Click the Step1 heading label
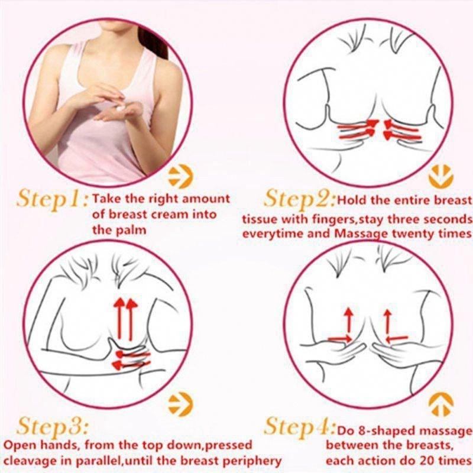(x=53, y=200)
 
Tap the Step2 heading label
(x=300, y=199)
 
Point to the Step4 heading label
(x=300, y=426)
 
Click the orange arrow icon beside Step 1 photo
(x=180, y=176)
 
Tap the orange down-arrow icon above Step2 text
(x=440, y=176)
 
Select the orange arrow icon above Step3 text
(x=180, y=404)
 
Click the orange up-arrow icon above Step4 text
(x=440, y=404)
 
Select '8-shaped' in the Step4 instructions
(x=381, y=431)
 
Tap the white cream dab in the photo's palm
(x=120, y=109)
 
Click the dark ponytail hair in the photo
(x=154, y=42)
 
